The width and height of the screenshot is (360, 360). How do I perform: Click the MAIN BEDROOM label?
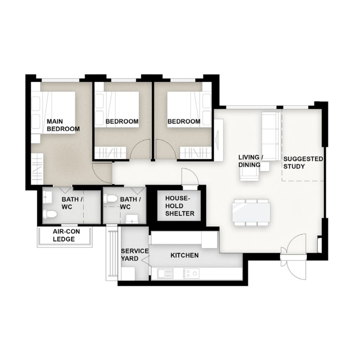coord(63,125)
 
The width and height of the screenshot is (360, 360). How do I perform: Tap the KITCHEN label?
coord(185,255)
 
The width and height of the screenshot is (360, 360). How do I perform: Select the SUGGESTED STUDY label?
coord(303,162)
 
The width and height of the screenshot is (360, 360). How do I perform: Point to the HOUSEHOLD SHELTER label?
coord(180,206)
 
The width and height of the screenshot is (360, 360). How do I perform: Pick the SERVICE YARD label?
coord(135,255)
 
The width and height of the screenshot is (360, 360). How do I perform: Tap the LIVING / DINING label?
coord(250,161)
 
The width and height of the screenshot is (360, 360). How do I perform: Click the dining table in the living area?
coord(251,212)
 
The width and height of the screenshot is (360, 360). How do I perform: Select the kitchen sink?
coord(164,274)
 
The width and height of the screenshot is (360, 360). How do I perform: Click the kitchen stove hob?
coord(191,274)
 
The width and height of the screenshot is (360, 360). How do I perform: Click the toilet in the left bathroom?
coord(50,214)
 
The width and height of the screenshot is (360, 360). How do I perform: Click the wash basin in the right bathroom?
coord(132,218)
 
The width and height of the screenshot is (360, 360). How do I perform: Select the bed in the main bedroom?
coord(53,112)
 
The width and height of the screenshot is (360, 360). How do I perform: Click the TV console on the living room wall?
coord(219,140)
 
